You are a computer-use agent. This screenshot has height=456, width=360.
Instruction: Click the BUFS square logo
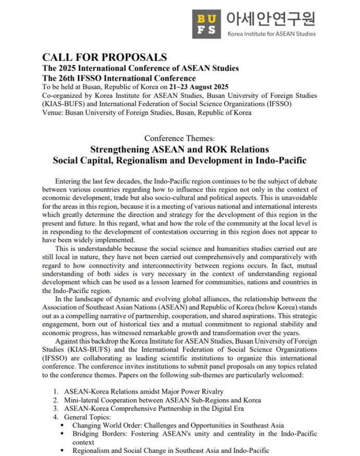tap(207, 23)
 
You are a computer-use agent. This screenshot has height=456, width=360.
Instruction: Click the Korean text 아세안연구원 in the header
tap(271, 19)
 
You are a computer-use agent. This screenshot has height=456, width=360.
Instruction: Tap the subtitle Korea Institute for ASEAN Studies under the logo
tap(271, 34)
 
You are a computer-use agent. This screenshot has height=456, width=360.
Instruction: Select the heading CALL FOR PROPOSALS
tap(105, 57)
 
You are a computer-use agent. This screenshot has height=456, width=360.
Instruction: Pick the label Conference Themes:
tap(179, 138)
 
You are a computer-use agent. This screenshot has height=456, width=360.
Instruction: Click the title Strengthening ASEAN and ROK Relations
tap(179, 149)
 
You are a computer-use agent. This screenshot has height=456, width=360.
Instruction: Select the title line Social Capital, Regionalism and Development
tap(179, 160)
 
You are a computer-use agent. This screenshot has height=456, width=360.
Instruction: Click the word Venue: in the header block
tap(53, 112)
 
